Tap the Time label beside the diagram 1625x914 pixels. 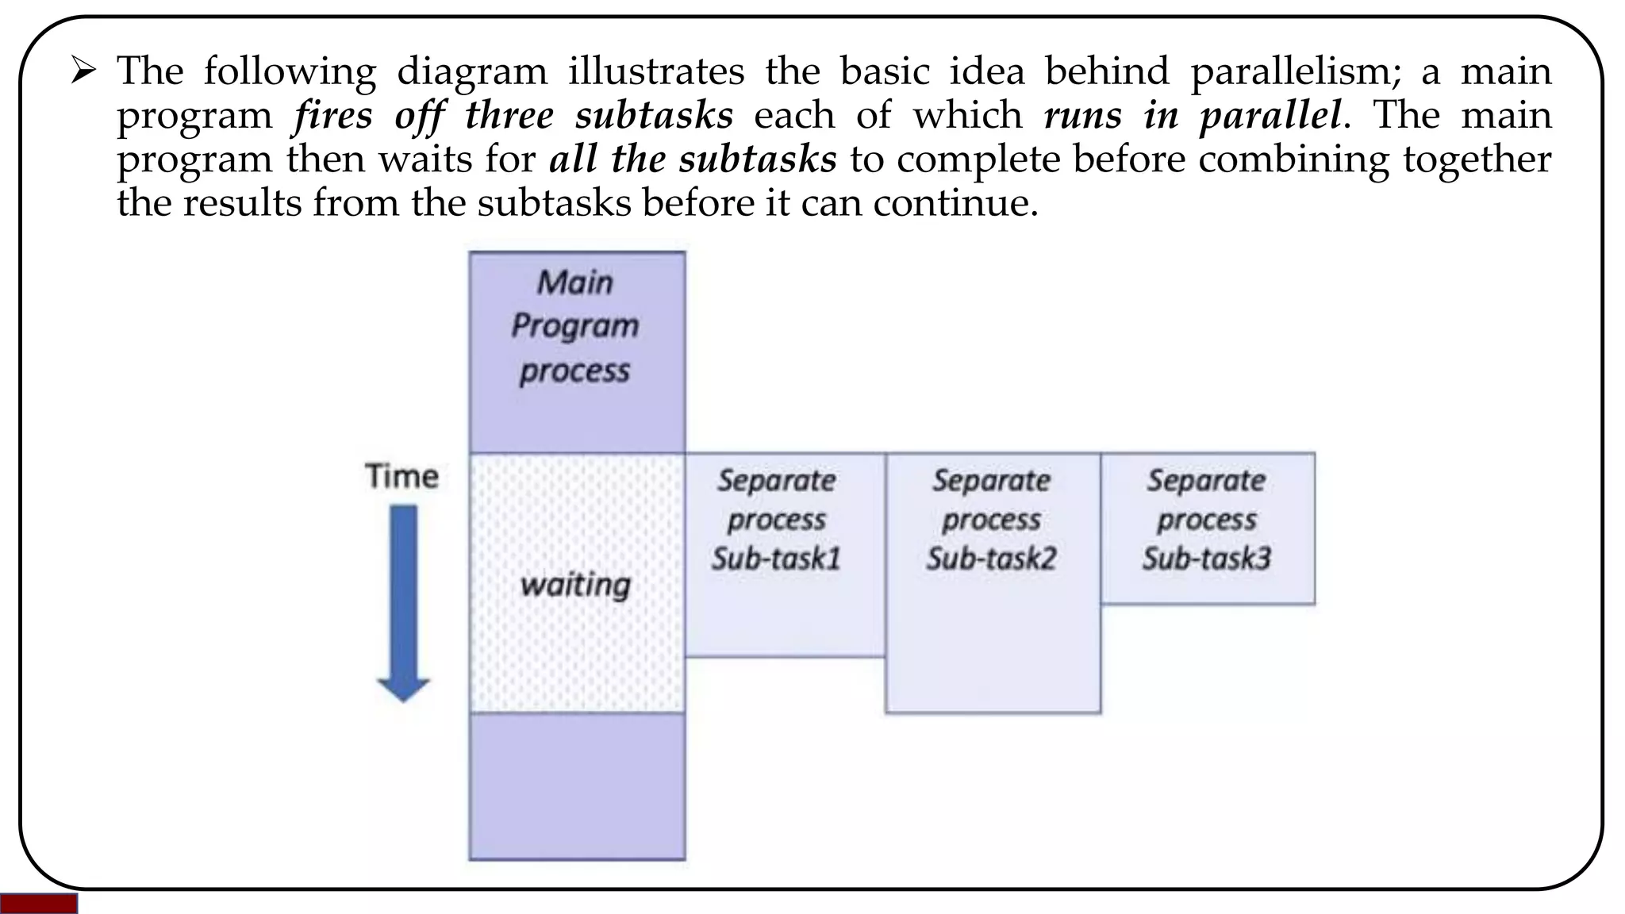[401, 476]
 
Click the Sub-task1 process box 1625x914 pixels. [785, 611]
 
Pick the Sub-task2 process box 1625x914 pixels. [993, 635]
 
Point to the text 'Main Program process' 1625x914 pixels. [575, 326]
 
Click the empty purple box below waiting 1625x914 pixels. [577, 785]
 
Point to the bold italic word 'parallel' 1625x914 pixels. [1270, 115]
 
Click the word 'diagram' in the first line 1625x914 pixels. [472, 71]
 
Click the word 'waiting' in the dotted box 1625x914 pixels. [575, 585]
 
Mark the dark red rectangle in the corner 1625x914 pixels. [38, 904]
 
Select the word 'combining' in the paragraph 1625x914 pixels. [1293, 159]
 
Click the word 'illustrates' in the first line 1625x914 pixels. [656, 71]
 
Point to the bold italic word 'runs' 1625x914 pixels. [1083, 115]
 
